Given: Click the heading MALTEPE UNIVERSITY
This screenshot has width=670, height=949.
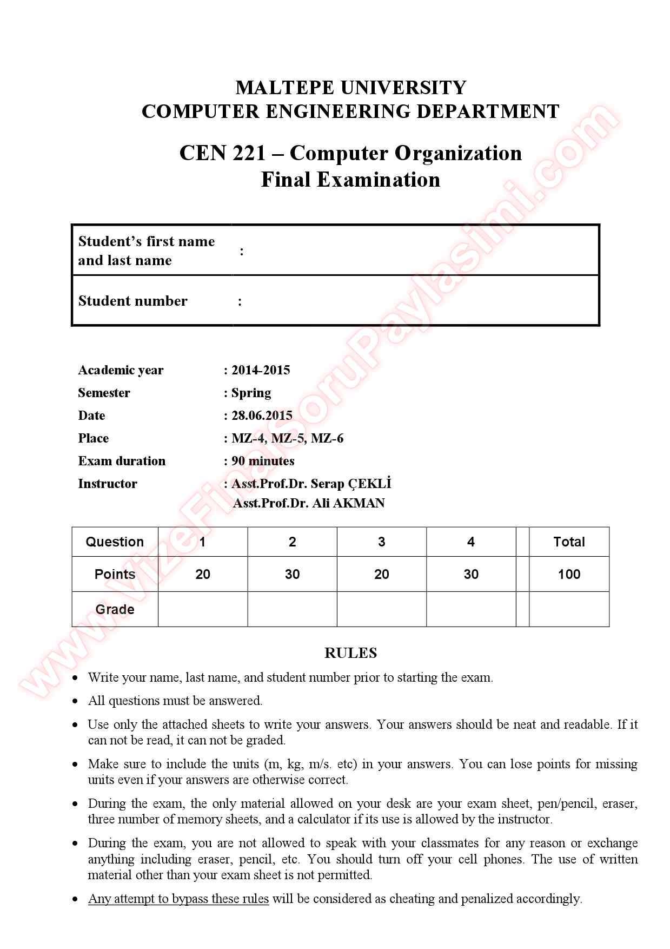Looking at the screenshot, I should click(350, 87).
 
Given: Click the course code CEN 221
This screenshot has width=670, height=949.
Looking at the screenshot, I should click(222, 153).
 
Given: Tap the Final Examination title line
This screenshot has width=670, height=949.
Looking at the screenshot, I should click(350, 180).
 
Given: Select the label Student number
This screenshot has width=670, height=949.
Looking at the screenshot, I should click(132, 301).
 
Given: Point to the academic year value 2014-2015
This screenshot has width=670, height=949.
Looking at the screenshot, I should click(261, 370).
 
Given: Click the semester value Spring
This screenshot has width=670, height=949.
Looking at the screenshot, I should click(251, 393).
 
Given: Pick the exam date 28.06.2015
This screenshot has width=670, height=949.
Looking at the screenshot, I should click(262, 416).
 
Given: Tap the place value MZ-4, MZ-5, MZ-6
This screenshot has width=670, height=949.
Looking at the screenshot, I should click(287, 438).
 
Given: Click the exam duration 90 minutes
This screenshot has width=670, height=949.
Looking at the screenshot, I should click(263, 461).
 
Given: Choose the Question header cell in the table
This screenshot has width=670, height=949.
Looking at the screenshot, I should click(115, 542).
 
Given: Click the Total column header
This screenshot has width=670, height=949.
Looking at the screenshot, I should click(569, 542).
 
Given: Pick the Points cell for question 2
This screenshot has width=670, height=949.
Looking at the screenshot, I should click(292, 574).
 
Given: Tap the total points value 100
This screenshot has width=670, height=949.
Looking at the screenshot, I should click(569, 574).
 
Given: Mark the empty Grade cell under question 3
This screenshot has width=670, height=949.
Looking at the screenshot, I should click(381, 609).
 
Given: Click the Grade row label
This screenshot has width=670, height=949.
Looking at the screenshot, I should click(115, 609).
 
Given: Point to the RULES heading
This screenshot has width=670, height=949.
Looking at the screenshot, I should click(350, 653).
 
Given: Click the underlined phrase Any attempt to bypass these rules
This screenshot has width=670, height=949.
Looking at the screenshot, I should click(178, 899).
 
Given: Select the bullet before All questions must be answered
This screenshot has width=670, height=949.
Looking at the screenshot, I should click(76, 701).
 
